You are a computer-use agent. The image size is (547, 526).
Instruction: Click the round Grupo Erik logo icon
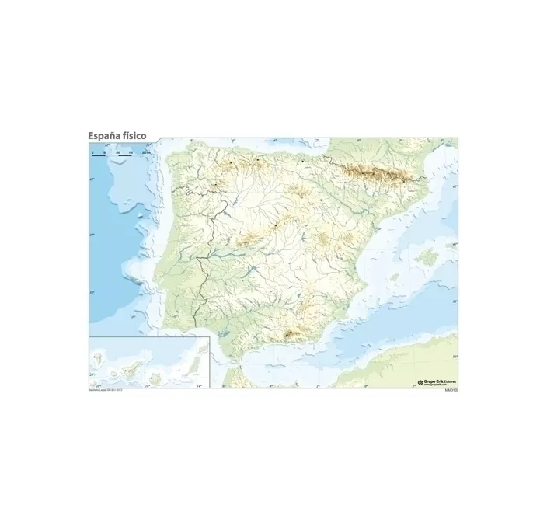tap(420, 381)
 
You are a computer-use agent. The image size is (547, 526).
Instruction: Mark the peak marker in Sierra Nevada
tap(289, 334)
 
